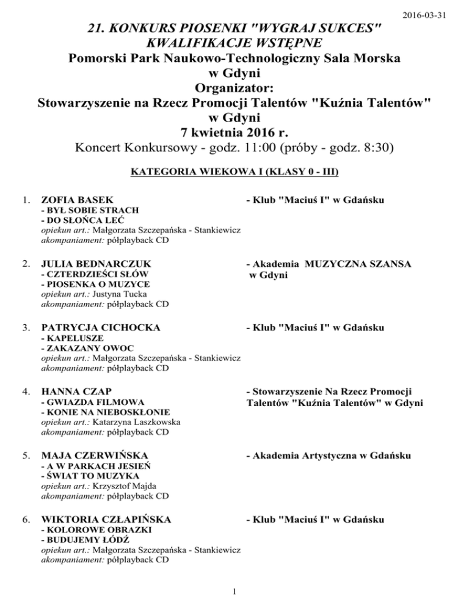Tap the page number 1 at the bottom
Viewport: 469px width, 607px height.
235,590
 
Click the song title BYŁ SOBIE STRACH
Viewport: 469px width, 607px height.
81,211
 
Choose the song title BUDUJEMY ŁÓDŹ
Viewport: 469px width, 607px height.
81,539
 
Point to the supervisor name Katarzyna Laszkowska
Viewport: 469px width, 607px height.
123,421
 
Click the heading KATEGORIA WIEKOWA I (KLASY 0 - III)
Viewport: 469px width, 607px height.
234,172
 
